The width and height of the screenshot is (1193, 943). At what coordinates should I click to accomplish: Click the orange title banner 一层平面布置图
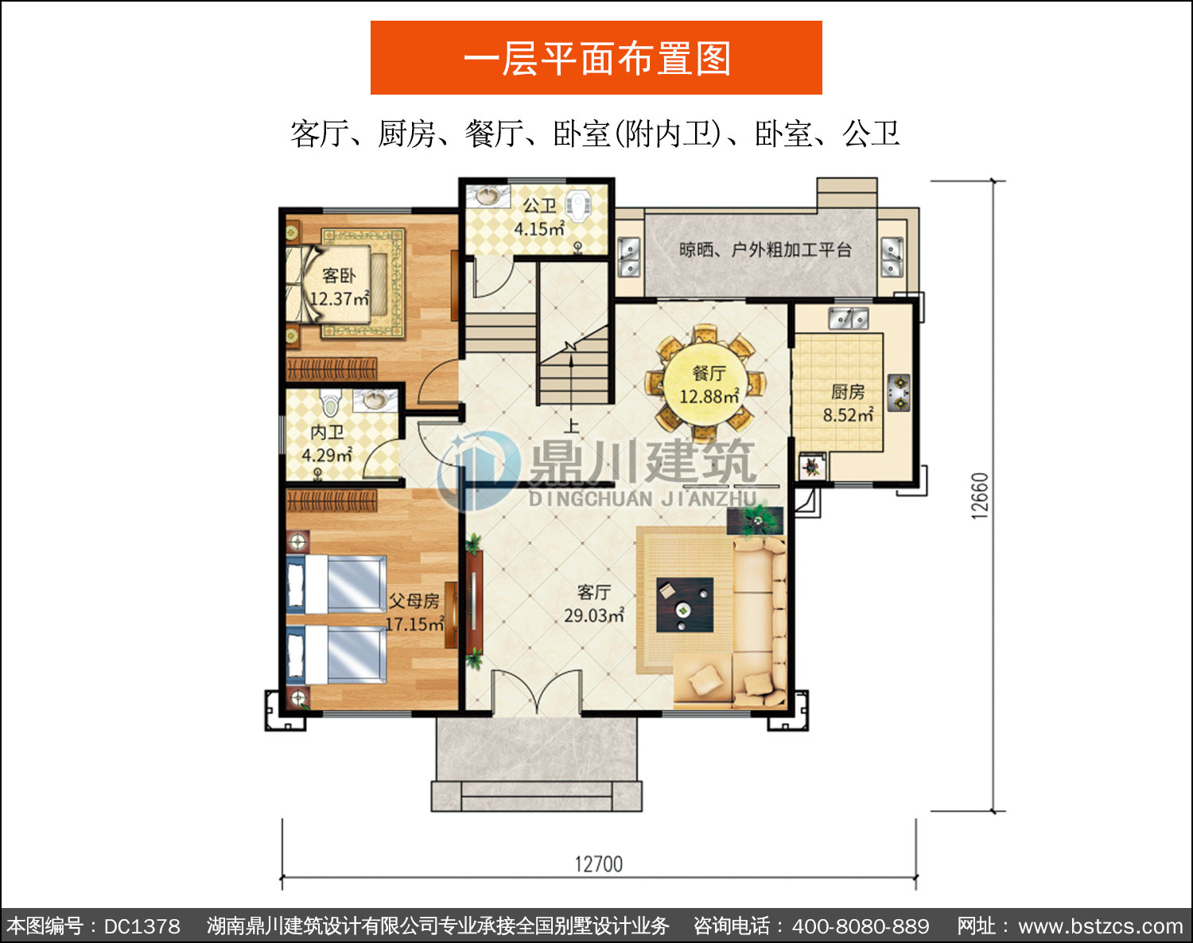tap(596, 58)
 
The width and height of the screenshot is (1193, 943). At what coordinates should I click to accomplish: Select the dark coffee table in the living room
tap(685, 605)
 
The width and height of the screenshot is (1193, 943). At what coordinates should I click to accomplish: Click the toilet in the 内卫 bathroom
tap(330, 402)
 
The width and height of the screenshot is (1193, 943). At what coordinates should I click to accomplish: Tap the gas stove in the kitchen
tap(899, 393)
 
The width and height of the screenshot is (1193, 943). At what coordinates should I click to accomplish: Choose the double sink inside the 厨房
tap(848, 319)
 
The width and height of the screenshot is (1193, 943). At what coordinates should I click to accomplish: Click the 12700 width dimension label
tap(599, 864)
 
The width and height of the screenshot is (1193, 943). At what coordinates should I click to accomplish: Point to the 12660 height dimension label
tap(980, 495)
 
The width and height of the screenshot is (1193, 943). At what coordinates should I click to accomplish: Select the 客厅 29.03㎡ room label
tap(594, 603)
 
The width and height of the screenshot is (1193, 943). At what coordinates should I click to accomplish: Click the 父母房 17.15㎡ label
tap(414, 612)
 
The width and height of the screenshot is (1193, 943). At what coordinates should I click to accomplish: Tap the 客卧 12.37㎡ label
tap(338, 287)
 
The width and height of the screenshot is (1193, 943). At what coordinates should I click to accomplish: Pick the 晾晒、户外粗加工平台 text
tap(765, 250)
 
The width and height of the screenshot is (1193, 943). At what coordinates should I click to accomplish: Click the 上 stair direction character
tap(571, 425)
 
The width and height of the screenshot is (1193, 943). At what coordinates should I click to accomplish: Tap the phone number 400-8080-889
tap(861, 926)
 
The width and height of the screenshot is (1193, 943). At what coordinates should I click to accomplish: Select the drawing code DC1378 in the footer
tap(142, 926)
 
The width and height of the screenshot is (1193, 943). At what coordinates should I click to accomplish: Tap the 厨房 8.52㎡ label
tap(848, 403)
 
